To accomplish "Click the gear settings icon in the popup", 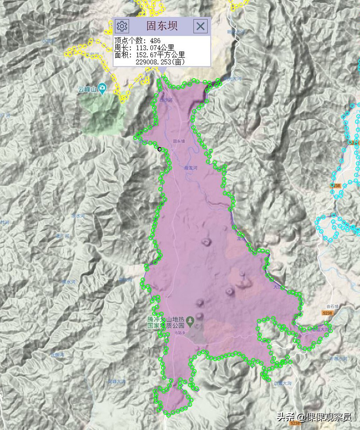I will point(122,26).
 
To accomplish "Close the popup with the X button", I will point(200,26).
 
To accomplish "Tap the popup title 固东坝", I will point(162,26).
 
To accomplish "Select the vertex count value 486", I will point(155,41).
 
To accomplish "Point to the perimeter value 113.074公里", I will point(155,48).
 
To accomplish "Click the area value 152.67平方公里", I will point(160,55).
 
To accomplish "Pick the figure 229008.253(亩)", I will point(160,62).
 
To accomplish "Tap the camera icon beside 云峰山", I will point(103,88).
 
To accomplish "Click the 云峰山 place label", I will point(87,89).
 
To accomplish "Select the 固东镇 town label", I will point(179,141).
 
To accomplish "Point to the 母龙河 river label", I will point(191,168).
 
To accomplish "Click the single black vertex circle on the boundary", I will point(160,149).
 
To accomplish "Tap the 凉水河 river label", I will point(78,216).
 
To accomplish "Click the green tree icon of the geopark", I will point(190,321).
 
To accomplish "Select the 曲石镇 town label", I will point(332,307).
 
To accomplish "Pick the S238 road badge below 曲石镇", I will point(327,313).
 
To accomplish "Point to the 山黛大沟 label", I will point(283,383).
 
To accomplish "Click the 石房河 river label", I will point(57,355).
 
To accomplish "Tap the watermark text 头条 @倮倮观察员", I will point(314,417).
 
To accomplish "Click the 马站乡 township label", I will point(180,333).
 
